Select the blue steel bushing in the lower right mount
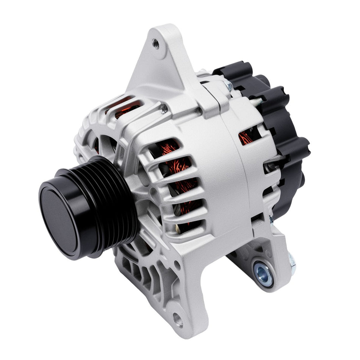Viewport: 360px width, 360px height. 263,274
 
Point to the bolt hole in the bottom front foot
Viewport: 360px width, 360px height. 178,321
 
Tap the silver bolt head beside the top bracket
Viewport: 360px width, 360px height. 229,86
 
